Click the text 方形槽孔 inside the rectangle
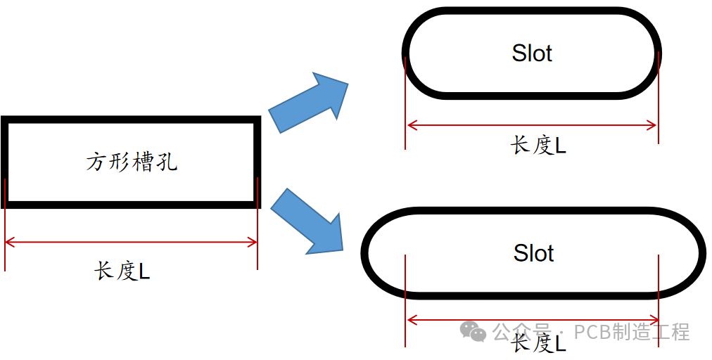pos(132,162)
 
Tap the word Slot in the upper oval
pos(532,53)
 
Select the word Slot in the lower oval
pos(533,253)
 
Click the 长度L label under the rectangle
pos(122,271)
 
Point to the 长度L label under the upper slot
pos(538,146)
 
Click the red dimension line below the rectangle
pos(132,243)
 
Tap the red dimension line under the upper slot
pos(532,126)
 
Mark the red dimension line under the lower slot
pos(532,321)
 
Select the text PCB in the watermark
pos(591,332)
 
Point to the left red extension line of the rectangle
pos(5,225)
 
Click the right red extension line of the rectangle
pos(258,225)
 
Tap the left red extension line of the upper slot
pos(406,105)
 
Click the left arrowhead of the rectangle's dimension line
pos(9,243)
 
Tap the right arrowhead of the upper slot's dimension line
pos(653,126)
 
